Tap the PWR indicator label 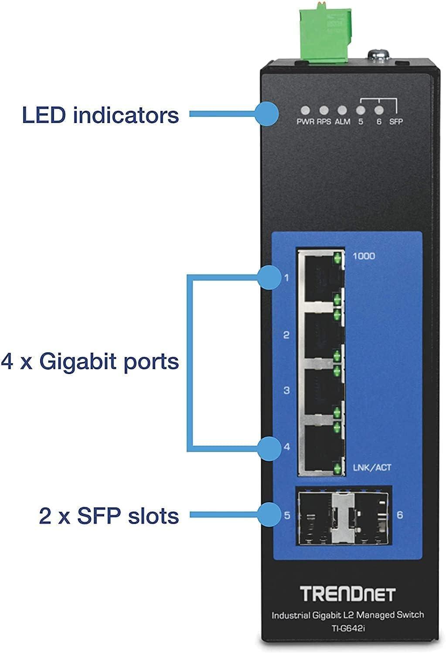306,122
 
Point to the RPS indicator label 324,122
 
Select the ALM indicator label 342,122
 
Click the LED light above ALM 342,111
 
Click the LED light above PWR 306,111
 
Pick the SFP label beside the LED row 396,122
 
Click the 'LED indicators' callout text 100,115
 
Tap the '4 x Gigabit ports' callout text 90,361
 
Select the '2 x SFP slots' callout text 109,516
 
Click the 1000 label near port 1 363,256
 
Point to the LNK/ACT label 372,468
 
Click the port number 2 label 286,335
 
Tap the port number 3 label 286,390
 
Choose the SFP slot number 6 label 400,515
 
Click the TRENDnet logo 347,594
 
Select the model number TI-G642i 347,628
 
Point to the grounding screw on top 376,55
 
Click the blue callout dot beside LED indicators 266,115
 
